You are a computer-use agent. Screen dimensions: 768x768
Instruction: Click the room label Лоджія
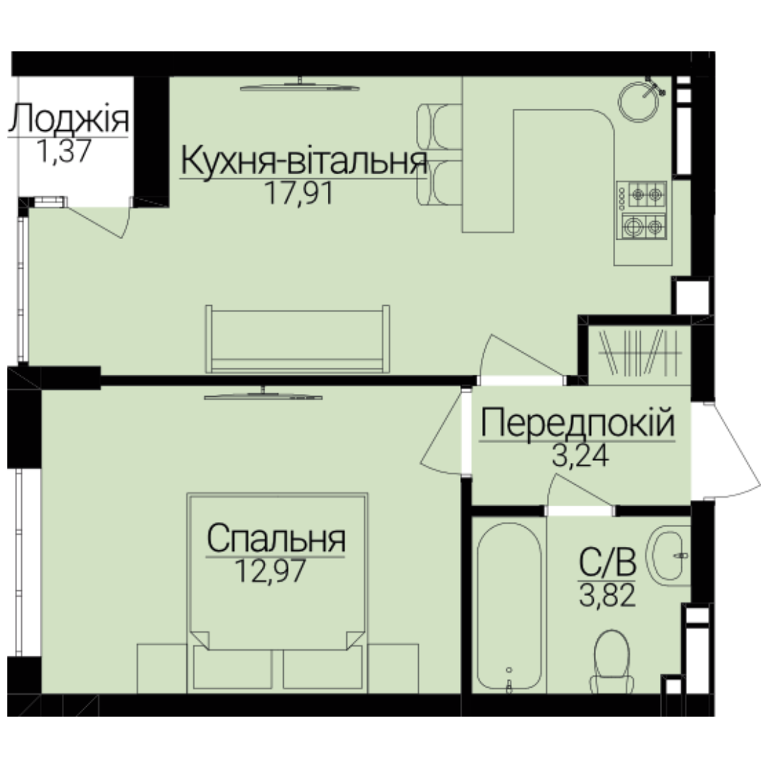(68, 118)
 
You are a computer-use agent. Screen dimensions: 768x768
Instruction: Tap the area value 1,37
(64, 151)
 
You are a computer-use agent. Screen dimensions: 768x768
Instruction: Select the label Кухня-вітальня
(304, 161)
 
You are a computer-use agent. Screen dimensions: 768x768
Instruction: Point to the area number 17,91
(299, 193)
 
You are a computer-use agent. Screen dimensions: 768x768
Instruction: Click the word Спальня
(276, 539)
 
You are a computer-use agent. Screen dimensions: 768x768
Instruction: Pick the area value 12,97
(270, 570)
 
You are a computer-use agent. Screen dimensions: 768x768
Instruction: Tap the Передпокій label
(577, 423)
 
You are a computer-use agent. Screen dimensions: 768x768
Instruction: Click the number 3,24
(580, 456)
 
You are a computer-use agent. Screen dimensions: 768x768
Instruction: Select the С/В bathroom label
(607, 562)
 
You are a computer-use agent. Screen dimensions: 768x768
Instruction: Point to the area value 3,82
(607, 596)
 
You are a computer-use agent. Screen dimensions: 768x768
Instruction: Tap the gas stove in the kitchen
(641, 210)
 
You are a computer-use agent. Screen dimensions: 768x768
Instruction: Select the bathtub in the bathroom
(509, 607)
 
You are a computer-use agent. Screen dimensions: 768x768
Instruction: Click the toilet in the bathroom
(612, 661)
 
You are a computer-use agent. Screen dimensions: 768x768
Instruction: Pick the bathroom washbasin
(668, 555)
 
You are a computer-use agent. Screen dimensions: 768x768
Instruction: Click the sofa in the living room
(297, 339)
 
